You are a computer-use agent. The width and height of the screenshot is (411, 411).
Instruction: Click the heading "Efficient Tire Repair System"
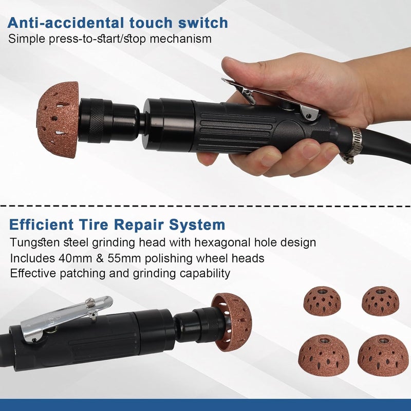[x=117, y=225]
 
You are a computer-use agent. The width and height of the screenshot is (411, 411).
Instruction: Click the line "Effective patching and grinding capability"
[x=120, y=273]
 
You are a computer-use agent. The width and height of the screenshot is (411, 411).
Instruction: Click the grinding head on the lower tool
[x=234, y=321]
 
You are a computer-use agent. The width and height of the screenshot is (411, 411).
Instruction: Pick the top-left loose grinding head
[x=322, y=301]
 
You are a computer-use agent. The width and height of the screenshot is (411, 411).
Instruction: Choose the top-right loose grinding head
[x=380, y=301]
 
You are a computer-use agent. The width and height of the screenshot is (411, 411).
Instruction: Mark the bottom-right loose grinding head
[x=383, y=354]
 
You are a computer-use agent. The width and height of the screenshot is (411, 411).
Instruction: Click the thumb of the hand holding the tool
[x=252, y=72]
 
